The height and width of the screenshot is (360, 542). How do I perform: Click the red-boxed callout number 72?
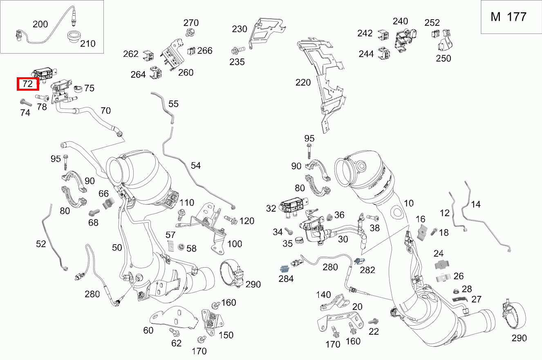pyautogui.click(x=27, y=84)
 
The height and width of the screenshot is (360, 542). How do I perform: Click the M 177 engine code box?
pyautogui.click(x=508, y=17)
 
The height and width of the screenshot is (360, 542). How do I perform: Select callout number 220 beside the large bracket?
pyautogui.click(x=303, y=83)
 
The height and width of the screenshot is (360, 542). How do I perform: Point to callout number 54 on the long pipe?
pyautogui.click(x=195, y=165)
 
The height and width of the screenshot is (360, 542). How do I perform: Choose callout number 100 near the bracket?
pyautogui.click(x=235, y=244)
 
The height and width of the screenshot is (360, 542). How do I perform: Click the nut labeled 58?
pyautogui.click(x=180, y=247)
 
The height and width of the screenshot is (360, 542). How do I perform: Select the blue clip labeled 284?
pyautogui.click(x=284, y=269)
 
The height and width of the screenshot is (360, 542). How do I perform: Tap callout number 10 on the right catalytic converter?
pyautogui.click(x=409, y=203)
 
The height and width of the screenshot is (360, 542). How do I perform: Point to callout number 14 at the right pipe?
pyautogui.click(x=475, y=204)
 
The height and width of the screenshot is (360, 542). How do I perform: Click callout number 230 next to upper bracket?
pyautogui.click(x=240, y=29)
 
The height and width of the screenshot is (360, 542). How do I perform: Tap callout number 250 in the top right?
pyautogui.click(x=443, y=58)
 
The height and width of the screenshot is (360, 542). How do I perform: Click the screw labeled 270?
pyautogui.click(x=190, y=31)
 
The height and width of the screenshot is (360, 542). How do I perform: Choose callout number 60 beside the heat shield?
pyautogui.click(x=148, y=330)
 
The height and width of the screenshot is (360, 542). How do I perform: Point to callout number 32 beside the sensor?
pyautogui.click(x=271, y=208)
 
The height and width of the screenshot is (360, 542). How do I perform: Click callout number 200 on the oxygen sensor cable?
pyautogui.click(x=40, y=24)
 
